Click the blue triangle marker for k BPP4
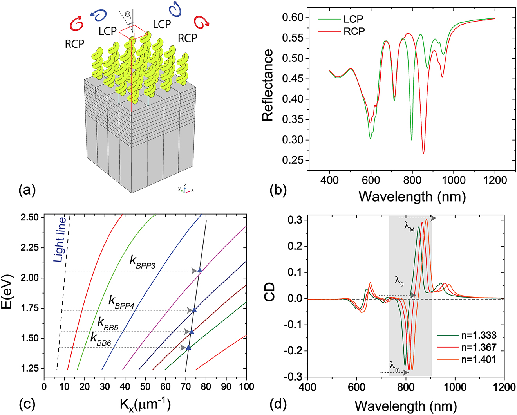pyautogui.click(x=194, y=310)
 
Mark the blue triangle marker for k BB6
pyautogui.click(x=188, y=348)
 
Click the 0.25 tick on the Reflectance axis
pyautogui.click(x=295, y=160)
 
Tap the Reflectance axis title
pyautogui.click(x=268, y=85)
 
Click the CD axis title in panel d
pyautogui.click(x=269, y=292)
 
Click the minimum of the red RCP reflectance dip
pyautogui.click(x=423, y=153)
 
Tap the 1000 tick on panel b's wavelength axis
pyautogui.click(x=453, y=180)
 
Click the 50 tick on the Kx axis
pyautogui.click(x=145, y=387)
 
